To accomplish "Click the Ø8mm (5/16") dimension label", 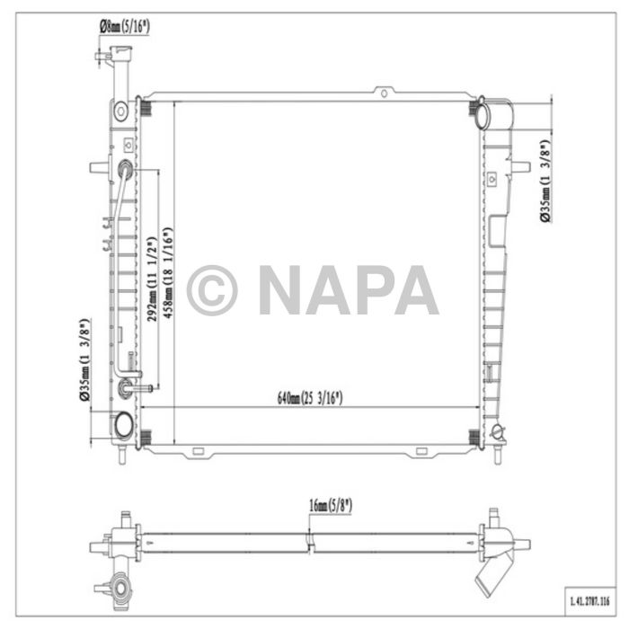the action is pos(124,27).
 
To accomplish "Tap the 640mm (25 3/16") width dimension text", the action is pos(310,398).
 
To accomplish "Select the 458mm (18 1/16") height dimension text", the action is pos(168,273).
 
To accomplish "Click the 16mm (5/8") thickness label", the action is pos(331,506).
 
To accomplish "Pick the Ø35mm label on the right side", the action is pos(545,181).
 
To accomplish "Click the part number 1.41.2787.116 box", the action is pos(589,601).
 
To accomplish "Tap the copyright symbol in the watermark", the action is pos(212,290).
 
